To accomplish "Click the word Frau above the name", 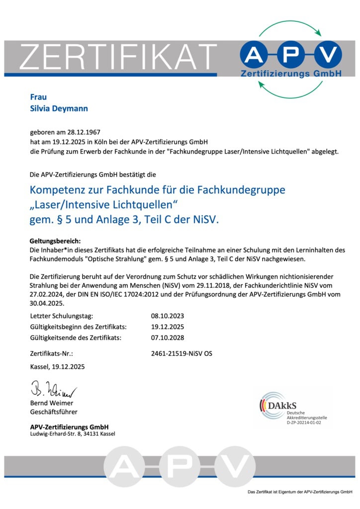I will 38,97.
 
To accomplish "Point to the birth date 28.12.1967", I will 84,133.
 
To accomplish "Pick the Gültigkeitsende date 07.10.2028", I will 168,338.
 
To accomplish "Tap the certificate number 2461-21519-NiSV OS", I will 181,354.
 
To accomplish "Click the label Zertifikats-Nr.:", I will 52,354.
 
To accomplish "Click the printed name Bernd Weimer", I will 52,403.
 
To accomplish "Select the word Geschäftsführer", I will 54,412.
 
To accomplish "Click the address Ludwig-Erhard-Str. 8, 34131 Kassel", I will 73,434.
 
